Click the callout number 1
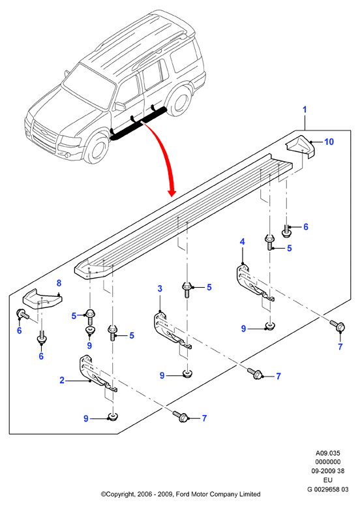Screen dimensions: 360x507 (x=305, y=110)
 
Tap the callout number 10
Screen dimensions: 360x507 (x=329, y=142)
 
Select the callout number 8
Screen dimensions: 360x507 (x=59, y=283)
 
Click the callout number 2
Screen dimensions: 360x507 (x=62, y=380)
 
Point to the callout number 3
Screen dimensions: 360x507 (x=160, y=288)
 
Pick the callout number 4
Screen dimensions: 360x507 (x=242, y=241)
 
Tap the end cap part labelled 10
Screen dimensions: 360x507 (x=300, y=146)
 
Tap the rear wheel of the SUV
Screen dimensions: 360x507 (x=181, y=101)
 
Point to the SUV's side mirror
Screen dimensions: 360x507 (x=119, y=106)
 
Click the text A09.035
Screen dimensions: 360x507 (x=327, y=453)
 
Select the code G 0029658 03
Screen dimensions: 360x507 (x=327, y=489)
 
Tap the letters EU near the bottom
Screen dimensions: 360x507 (x=327, y=480)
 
